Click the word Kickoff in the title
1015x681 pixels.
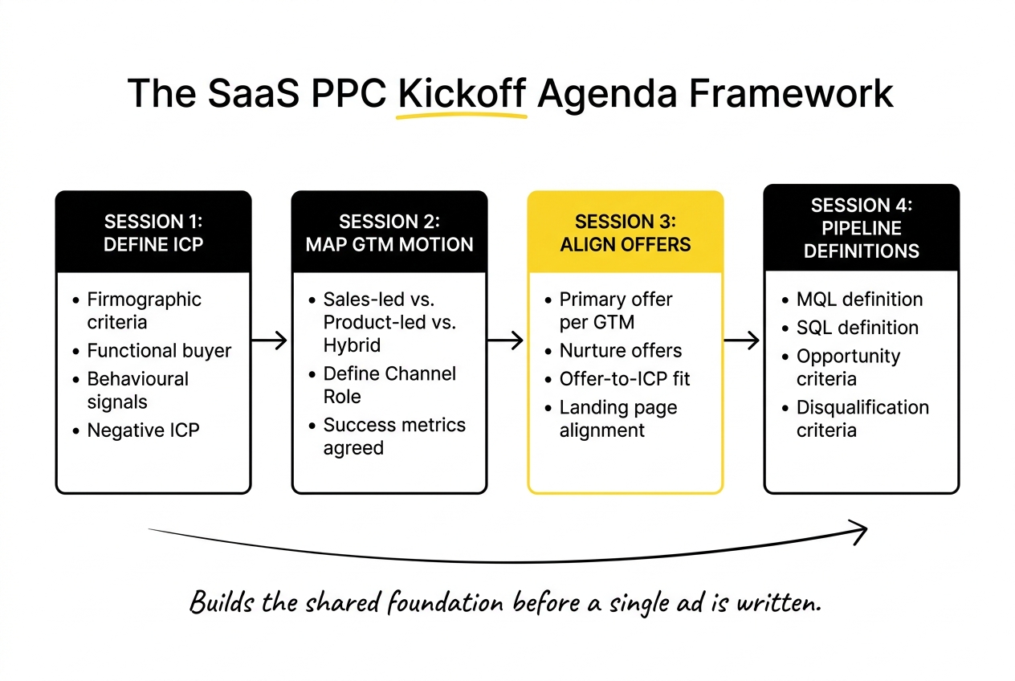pyautogui.click(x=462, y=94)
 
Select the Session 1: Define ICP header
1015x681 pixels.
pyautogui.click(x=153, y=232)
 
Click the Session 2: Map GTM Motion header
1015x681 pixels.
pyautogui.click(x=389, y=232)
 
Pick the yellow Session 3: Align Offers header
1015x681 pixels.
pyautogui.click(x=626, y=232)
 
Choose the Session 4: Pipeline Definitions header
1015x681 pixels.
pyautogui.click(x=861, y=228)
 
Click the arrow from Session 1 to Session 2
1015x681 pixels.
pyautogui.click(x=270, y=341)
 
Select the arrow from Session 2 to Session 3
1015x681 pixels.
pyautogui.click(x=506, y=341)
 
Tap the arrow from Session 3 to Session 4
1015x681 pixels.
pyautogui.click(x=742, y=341)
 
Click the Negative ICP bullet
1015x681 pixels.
pyautogui.click(x=143, y=430)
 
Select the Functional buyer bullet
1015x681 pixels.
pyautogui.click(x=159, y=351)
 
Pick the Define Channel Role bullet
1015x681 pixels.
pyautogui.click(x=389, y=385)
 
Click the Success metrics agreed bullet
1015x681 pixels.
pyautogui.click(x=393, y=436)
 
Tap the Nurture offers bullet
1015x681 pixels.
pyautogui.click(x=620, y=351)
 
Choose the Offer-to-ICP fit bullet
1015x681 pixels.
pyautogui.click(x=625, y=379)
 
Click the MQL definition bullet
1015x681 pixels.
pyautogui.click(x=859, y=300)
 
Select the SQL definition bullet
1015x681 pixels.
pyautogui.click(x=857, y=328)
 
